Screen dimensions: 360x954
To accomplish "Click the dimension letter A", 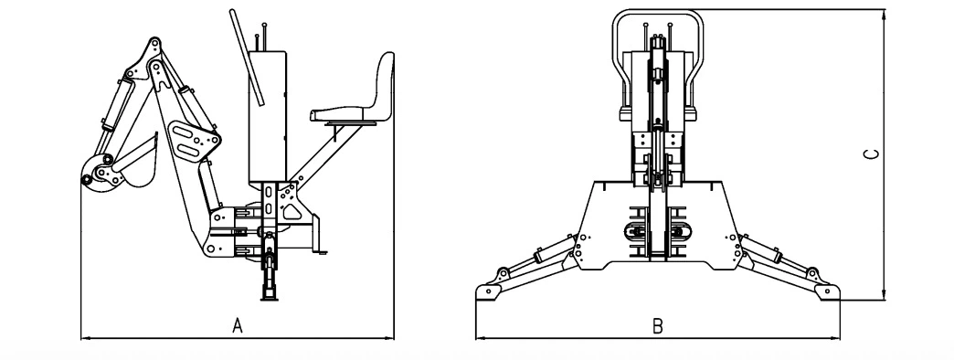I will [238, 325].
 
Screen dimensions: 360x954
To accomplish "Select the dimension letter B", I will [657, 325].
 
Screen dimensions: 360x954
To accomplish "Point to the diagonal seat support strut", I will [320, 154].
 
